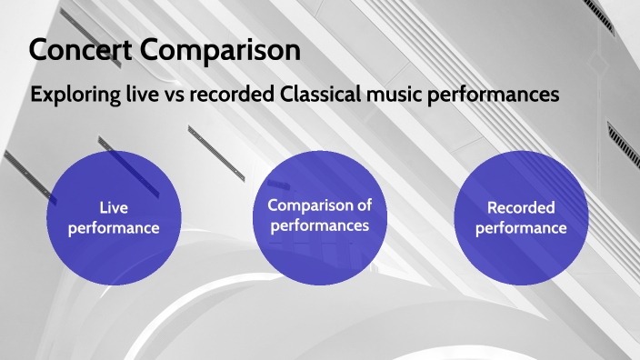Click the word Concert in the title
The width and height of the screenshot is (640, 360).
83,51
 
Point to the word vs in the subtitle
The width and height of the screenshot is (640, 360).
179,95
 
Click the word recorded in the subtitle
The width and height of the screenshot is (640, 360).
236,95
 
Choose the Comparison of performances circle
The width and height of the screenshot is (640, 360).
319,217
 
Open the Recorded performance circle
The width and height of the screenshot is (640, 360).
521,217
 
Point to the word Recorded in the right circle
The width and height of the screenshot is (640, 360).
521,207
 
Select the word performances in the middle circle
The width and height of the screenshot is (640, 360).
319,226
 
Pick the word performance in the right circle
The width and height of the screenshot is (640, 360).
521,228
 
